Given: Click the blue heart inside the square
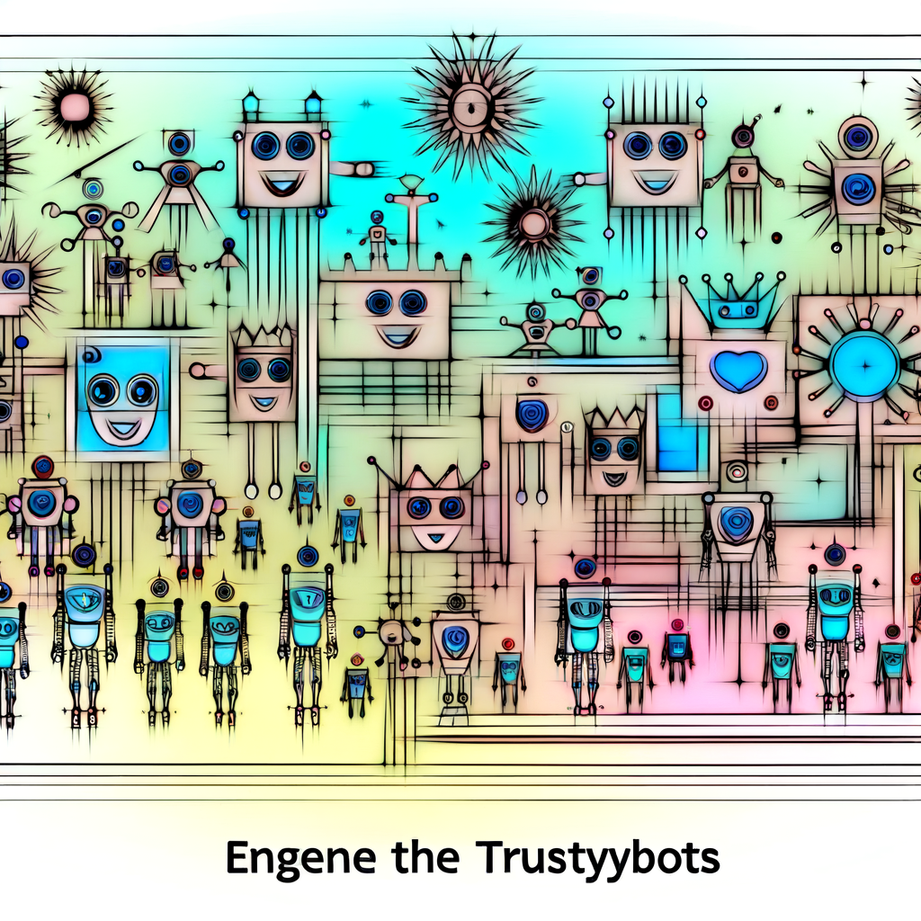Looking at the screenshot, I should pos(738,370).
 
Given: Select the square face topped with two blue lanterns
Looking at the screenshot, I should pos(280,162).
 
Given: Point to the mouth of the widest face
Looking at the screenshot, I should pos(397,336).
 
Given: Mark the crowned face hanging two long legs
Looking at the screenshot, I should pos(263,373).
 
